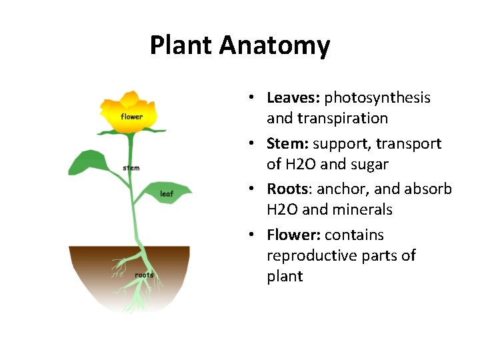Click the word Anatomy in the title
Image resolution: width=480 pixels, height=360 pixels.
tap(274, 46)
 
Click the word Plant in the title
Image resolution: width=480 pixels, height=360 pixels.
tap(181, 46)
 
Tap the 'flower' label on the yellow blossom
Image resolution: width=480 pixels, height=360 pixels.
tap(131, 117)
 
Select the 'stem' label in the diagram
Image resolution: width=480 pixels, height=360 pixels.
tap(131, 168)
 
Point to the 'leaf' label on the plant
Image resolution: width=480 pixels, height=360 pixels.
tap(167, 195)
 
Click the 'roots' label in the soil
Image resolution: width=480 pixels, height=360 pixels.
tap(144, 275)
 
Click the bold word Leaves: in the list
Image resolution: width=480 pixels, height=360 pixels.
tap(293, 98)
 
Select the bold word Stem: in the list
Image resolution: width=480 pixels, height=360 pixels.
tap(287, 143)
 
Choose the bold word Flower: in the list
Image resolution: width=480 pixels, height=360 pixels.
tap(293, 235)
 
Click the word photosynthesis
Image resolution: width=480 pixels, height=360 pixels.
tap(377, 98)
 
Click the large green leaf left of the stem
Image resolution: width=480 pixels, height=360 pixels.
tap(89, 162)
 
